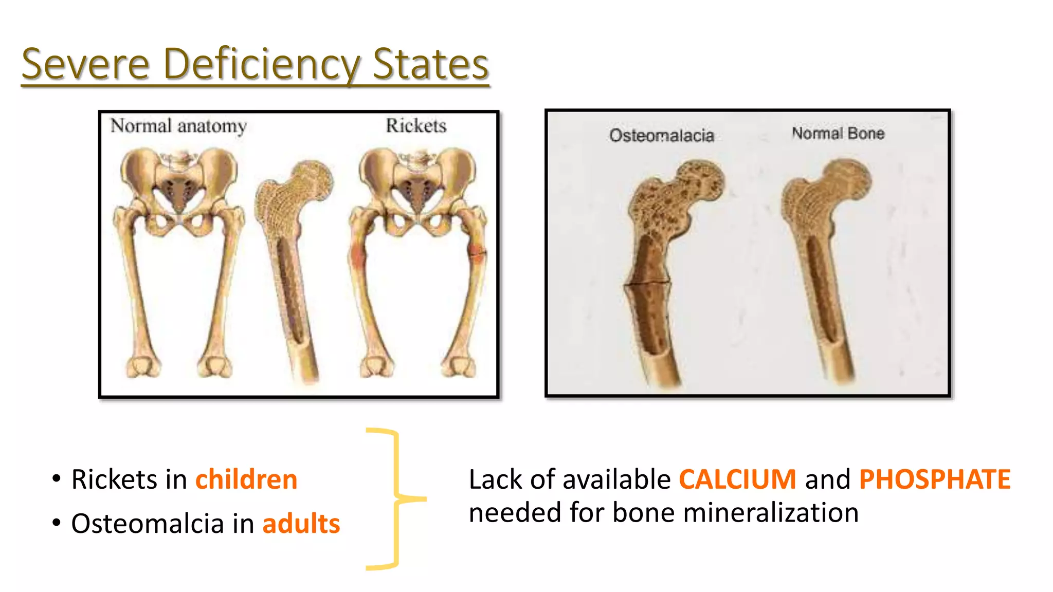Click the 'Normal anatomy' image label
pos(178,126)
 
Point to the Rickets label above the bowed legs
pos(416,125)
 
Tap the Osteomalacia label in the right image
pos(662,135)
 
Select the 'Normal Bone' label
pos(838,133)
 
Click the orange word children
pos(246,479)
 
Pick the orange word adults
pos(301,524)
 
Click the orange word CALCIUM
pos(738,479)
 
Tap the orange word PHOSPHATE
pos(935,479)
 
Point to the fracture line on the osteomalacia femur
pos(647,283)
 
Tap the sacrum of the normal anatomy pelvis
pos(178,192)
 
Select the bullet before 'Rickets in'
pos(57,479)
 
